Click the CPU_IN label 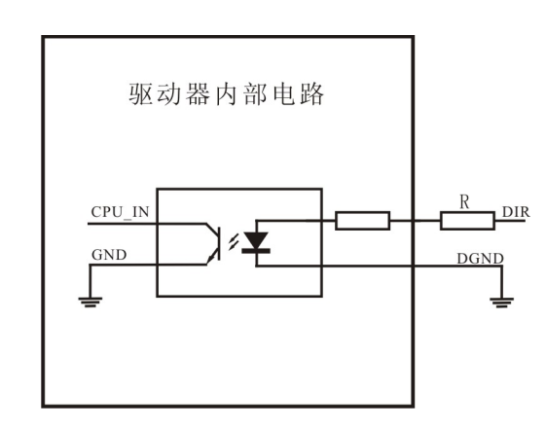click(x=119, y=210)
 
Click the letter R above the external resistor click(x=464, y=203)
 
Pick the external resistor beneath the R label click(x=466, y=222)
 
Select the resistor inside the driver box click(x=362, y=222)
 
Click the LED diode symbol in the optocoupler click(x=257, y=240)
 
